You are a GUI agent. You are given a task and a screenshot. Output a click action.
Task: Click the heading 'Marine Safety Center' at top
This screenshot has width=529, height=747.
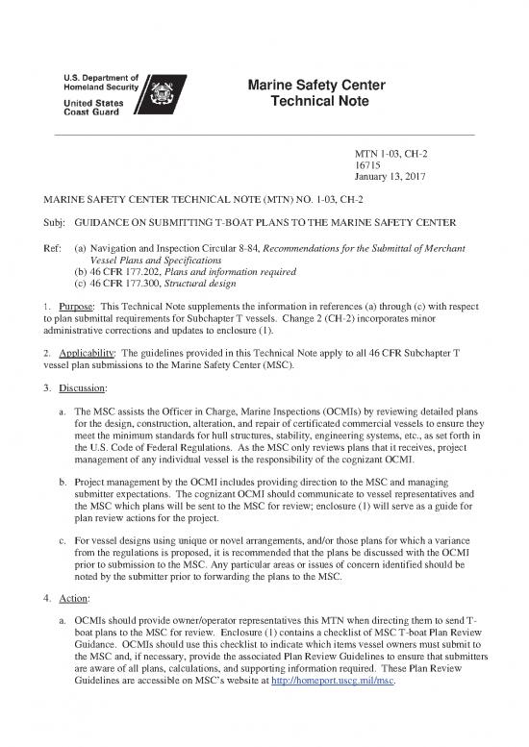tap(316, 87)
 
